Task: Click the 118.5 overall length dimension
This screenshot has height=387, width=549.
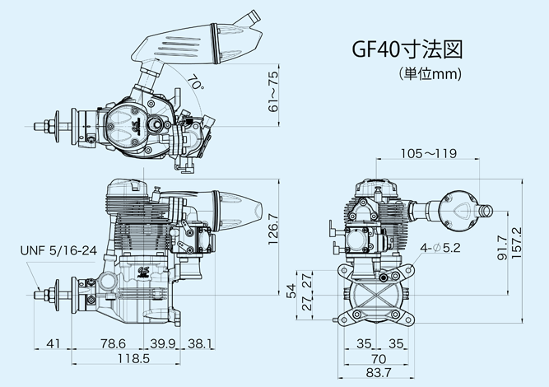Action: (x=127, y=359)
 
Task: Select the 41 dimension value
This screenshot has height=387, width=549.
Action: (x=54, y=343)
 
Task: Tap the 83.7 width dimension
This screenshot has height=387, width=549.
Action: (x=378, y=375)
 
